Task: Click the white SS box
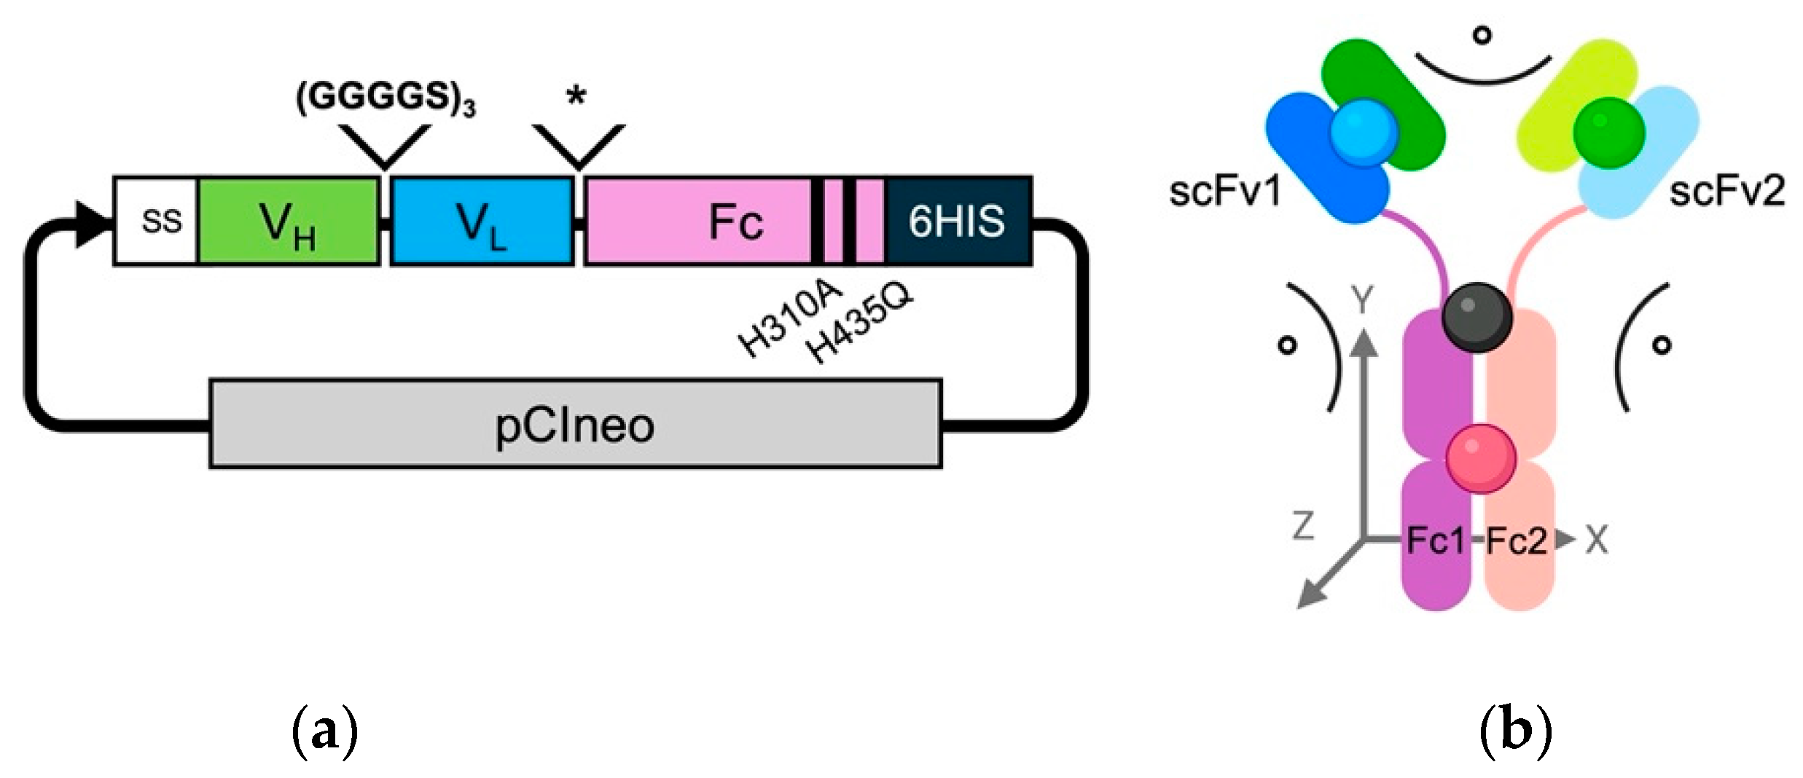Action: [x=155, y=221]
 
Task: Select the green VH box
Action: [x=288, y=221]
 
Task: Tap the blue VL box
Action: [x=482, y=221]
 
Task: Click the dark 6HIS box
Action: [x=957, y=221]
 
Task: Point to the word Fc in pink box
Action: [x=736, y=222]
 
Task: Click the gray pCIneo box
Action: [x=575, y=424]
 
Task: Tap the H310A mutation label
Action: [x=791, y=321]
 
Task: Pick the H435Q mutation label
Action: [x=860, y=324]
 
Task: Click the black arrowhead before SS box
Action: [x=93, y=221]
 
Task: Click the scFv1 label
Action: [x=1224, y=193]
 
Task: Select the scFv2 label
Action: [x=1726, y=192]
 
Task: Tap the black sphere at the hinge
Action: [x=1477, y=318]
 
